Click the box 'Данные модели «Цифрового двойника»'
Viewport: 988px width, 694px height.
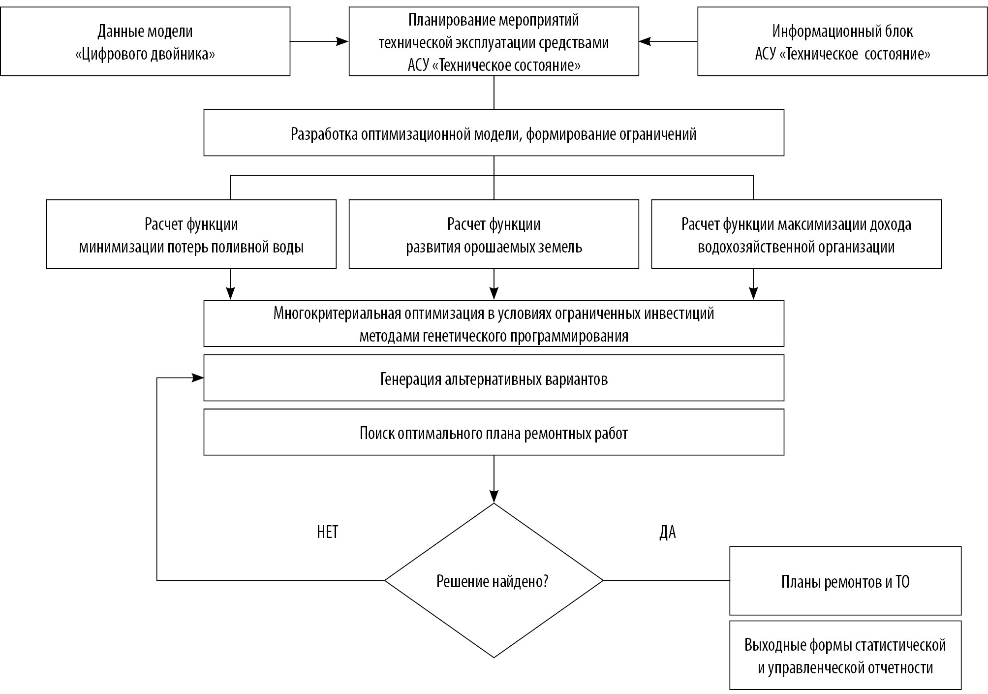(x=145, y=41)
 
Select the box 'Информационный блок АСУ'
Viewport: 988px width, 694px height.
(x=842, y=41)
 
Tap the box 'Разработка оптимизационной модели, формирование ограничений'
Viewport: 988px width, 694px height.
(x=494, y=133)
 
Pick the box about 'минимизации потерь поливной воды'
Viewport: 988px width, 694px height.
(x=191, y=234)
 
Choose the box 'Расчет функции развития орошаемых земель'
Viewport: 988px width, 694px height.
(x=494, y=234)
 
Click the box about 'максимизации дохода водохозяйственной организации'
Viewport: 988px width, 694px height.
(x=797, y=234)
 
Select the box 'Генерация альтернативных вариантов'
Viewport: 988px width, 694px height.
(x=494, y=378)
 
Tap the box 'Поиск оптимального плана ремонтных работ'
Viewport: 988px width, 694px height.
(x=494, y=432)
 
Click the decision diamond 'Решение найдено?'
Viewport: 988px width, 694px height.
(x=494, y=581)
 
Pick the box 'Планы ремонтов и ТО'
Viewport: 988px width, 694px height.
(x=845, y=581)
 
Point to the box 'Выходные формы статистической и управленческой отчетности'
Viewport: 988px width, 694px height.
(x=845, y=655)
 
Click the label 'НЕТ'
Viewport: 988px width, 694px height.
(x=328, y=532)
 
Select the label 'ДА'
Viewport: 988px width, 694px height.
(x=668, y=533)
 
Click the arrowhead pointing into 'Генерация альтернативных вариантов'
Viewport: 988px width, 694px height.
(x=198, y=378)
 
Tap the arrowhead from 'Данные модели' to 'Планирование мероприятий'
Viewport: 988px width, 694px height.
(x=343, y=42)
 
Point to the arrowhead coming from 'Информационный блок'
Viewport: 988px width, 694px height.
(x=645, y=42)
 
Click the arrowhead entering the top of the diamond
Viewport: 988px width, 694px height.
(x=494, y=497)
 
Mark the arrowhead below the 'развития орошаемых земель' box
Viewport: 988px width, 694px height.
(x=494, y=293)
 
